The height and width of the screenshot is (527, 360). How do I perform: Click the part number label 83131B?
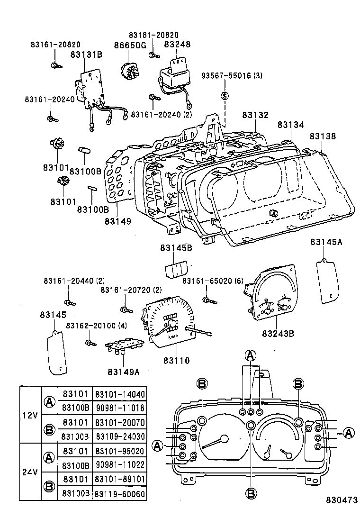point(86,55)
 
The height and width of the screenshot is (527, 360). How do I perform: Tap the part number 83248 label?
point(177,44)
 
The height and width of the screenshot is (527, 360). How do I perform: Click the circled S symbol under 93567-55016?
point(225,96)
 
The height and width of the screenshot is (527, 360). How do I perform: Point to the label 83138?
point(323,136)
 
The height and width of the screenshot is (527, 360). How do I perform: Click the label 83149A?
point(123,372)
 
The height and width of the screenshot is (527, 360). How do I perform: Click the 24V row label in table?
point(30,472)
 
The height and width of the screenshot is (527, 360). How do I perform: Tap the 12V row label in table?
point(30,415)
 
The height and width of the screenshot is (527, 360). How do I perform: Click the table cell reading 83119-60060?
point(119,494)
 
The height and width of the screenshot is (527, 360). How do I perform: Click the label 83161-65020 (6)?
point(213,281)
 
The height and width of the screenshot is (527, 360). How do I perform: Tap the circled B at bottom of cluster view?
point(251,493)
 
